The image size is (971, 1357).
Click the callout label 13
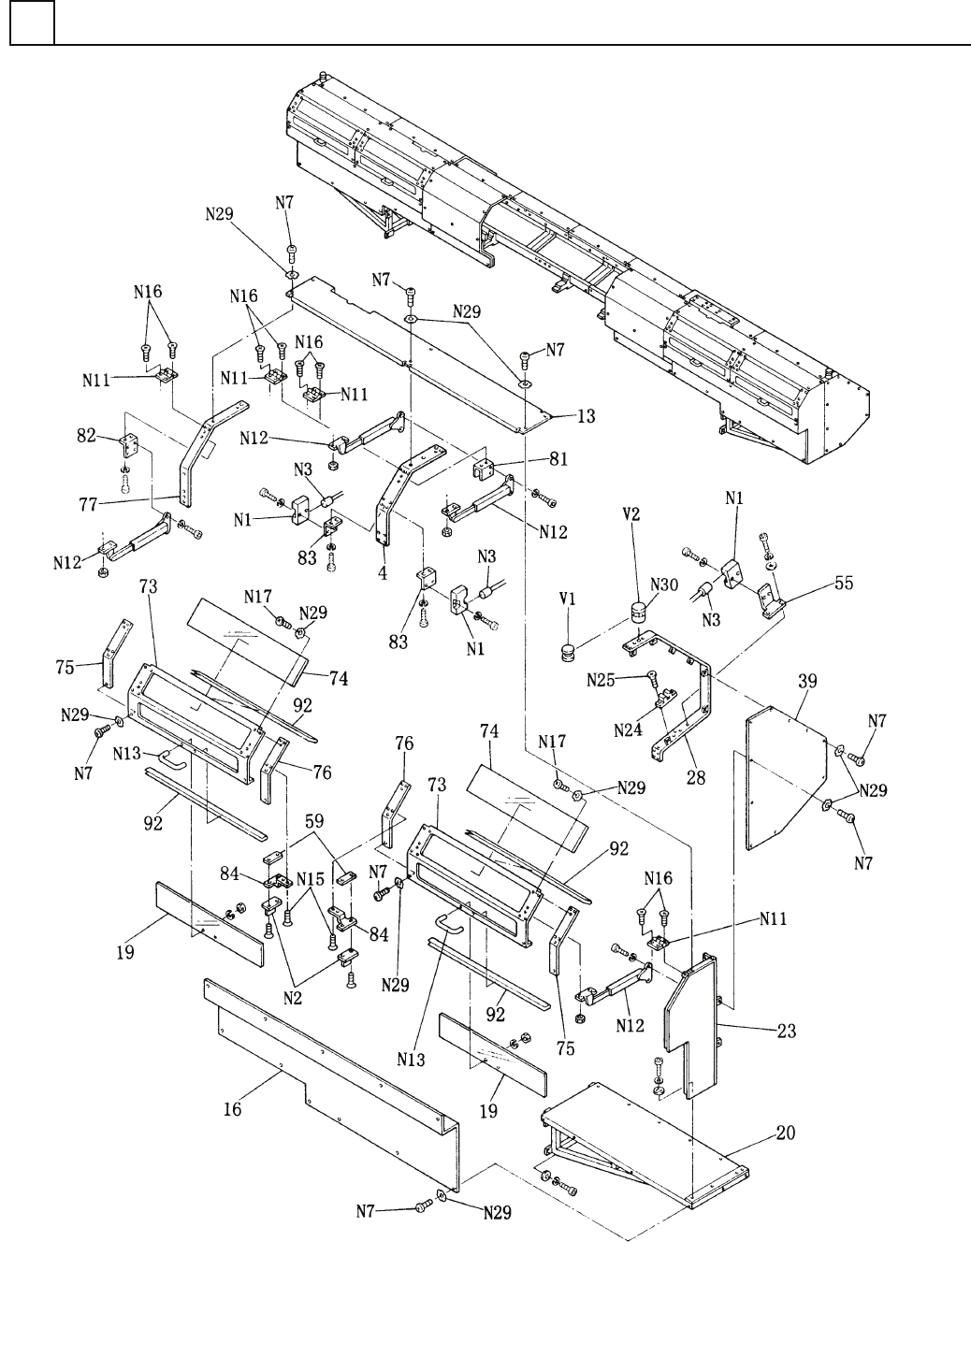pyautogui.click(x=587, y=417)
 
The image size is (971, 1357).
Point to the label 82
pyautogui.click(x=88, y=435)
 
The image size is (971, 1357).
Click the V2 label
pyautogui.click(x=630, y=512)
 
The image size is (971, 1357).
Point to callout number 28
pyautogui.click(x=696, y=776)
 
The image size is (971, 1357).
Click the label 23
pyautogui.click(x=788, y=1031)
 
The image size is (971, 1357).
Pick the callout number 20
pyautogui.click(x=787, y=1133)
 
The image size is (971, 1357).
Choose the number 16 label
pyautogui.click(x=232, y=1109)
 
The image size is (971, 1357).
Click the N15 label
pyautogui.click(x=310, y=879)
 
